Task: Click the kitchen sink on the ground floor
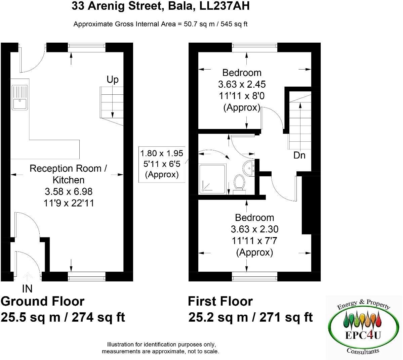point(20,97)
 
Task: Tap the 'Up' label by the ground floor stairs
point(113,80)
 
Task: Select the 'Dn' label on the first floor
point(299,155)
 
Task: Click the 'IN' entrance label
point(27,288)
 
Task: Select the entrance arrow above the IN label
point(27,276)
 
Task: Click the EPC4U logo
point(364,326)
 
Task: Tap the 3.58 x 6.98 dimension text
point(69,192)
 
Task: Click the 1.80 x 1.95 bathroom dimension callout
point(162,154)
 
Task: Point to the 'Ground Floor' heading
point(42,301)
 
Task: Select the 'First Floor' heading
point(220,301)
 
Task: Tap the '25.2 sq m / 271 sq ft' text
point(250,317)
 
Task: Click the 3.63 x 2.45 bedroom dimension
point(242,84)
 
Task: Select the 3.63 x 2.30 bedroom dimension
point(254,229)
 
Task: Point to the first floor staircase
point(299,124)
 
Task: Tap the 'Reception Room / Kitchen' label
point(68,174)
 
